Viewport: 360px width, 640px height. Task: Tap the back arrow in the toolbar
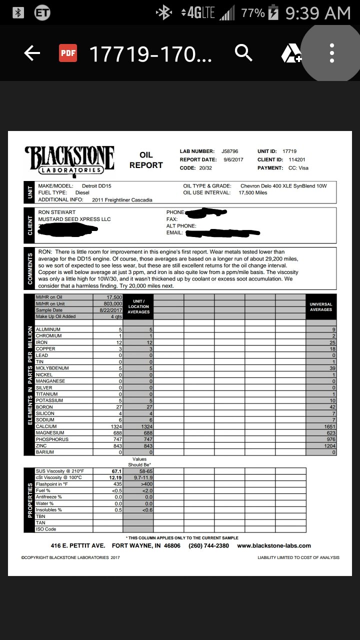click(31, 53)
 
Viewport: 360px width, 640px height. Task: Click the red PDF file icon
click(68, 53)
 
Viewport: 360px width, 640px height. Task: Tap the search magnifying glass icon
click(243, 52)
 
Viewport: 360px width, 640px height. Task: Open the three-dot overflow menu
click(332, 53)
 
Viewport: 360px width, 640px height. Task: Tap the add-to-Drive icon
click(291, 53)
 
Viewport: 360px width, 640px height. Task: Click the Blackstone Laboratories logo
click(69, 159)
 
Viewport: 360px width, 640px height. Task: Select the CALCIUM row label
click(46, 426)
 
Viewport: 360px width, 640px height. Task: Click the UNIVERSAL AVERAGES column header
click(321, 307)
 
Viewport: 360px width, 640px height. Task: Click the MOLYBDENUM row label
click(52, 368)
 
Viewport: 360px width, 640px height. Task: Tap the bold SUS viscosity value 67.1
click(115, 471)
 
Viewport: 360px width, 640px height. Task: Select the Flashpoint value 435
click(117, 484)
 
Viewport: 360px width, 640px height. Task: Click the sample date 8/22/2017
click(110, 310)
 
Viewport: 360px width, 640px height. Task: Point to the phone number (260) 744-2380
click(208, 545)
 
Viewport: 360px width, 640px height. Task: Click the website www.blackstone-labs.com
click(274, 545)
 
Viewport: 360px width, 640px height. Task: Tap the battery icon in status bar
click(274, 13)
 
